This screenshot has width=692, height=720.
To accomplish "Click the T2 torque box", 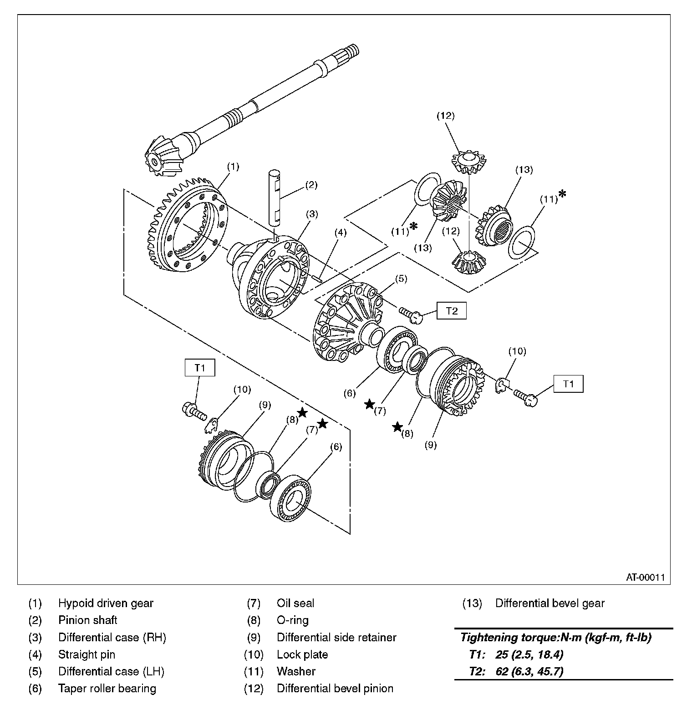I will coord(451,311).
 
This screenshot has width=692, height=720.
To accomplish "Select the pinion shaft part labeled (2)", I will coord(275,198).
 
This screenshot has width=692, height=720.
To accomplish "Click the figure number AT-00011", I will coord(645,578).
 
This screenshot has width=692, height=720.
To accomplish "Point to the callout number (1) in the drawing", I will coord(233,167).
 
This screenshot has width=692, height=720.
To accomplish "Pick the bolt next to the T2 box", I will coord(411,315).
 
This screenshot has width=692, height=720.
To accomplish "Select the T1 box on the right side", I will coord(568,384).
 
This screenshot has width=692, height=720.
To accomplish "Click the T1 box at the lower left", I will coord(199,368).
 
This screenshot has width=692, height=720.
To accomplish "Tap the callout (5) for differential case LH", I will coord(401,279).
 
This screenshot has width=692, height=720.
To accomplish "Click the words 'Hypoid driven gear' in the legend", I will coord(106,603).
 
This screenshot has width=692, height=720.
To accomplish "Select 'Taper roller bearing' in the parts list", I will coord(107,689).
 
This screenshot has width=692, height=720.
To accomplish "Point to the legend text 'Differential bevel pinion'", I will coord(335,689).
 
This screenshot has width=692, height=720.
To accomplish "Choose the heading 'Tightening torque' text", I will coord(555,638).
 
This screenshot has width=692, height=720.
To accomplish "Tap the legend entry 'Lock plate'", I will coord(302,655).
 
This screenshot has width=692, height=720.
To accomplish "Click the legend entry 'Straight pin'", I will coord(86,655).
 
